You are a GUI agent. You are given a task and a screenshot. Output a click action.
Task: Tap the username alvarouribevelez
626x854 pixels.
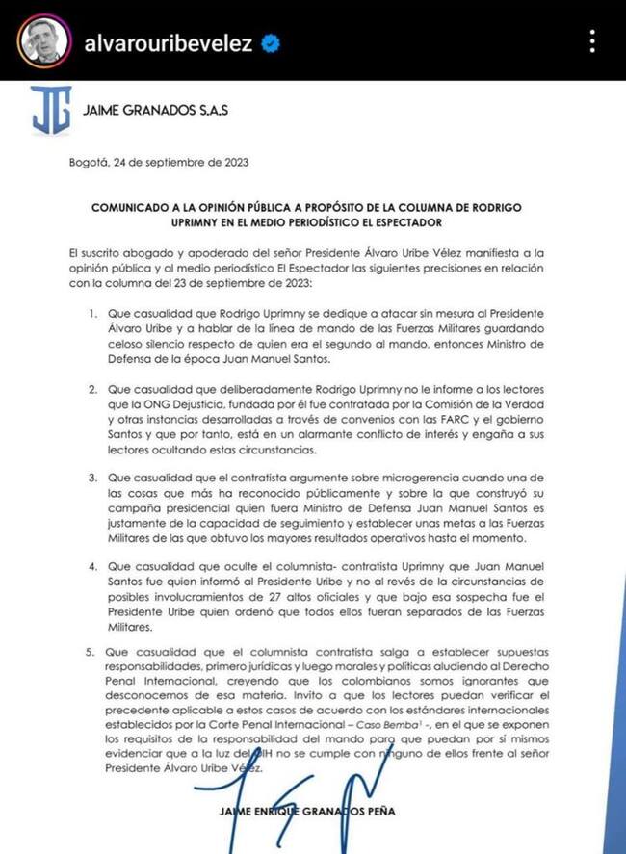tap(169, 42)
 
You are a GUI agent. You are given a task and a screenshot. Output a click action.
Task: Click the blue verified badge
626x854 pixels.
tap(273, 42)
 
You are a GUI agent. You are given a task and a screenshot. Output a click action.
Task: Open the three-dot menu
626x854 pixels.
tap(592, 41)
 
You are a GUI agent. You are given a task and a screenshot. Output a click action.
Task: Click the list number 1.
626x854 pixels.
tap(92, 314)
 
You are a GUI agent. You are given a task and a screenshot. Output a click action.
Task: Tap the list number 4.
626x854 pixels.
tap(92, 569)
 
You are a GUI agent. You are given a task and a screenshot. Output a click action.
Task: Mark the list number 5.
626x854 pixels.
tap(92, 651)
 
